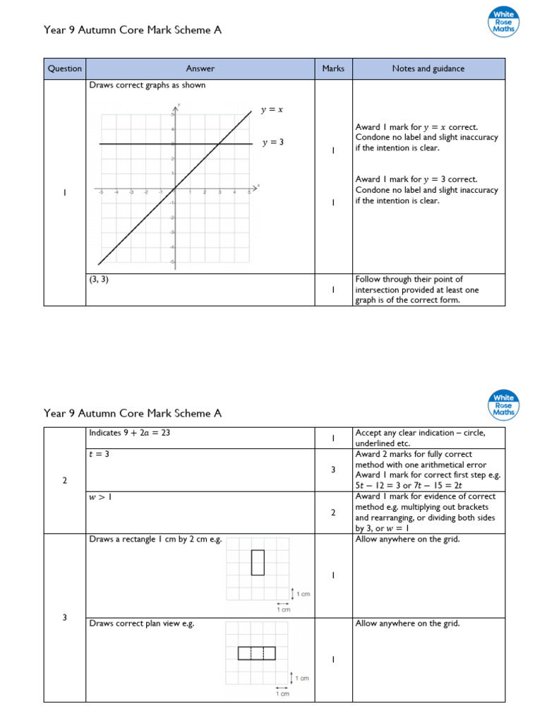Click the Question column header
pyautogui.click(x=65, y=68)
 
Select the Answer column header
pyautogui.click(x=200, y=68)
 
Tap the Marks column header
pyautogui.click(x=333, y=68)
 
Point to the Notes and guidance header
pyautogui.click(x=429, y=68)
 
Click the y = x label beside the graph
pyautogui.click(x=272, y=110)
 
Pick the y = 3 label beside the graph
pyautogui.click(x=272, y=143)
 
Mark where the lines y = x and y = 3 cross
pyautogui.click(x=219, y=144)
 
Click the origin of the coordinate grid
pyautogui.click(x=174, y=189)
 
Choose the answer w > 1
pyautogui.click(x=101, y=497)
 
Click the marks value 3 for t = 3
pyautogui.click(x=333, y=470)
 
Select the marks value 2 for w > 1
pyautogui.click(x=333, y=513)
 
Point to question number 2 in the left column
pyautogui.click(x=65, y=481)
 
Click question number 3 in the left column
pyautogui.click(x=65, y=618)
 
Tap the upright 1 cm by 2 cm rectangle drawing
pyautogui.click(x=258, y=563)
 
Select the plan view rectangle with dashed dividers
pyautogui.click(x=256, y=653)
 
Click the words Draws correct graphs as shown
pyautogui.click(x=147, y=86)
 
